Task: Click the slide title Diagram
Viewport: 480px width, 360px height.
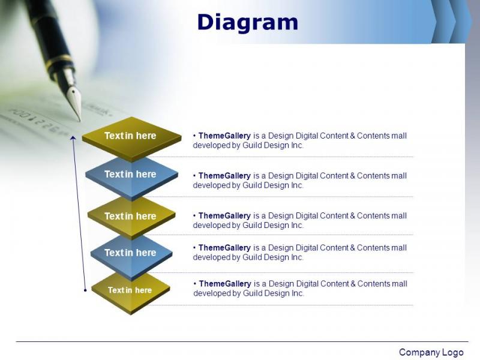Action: (248, 22)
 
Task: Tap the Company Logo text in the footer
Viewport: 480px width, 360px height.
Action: (431, 352)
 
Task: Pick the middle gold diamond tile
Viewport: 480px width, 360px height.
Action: (131, 218)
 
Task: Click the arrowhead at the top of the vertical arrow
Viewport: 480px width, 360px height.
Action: (73, 138)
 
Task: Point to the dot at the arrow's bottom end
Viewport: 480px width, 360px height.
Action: (85, 290)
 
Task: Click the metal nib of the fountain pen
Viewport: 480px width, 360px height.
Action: (74, 101)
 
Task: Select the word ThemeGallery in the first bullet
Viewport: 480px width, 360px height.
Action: (224, 136)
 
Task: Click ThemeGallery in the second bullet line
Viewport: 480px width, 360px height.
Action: (224, 176)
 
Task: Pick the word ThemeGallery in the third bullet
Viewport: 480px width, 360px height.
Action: (224, 216)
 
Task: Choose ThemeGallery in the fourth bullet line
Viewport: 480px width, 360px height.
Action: (224, 248)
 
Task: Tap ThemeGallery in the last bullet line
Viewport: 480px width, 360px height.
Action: (225, 284)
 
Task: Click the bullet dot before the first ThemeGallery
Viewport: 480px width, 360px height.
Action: (194, 136)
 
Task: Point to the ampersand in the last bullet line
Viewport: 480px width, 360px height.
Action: (353, 284)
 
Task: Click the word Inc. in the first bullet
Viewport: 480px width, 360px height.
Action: (297, 145)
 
